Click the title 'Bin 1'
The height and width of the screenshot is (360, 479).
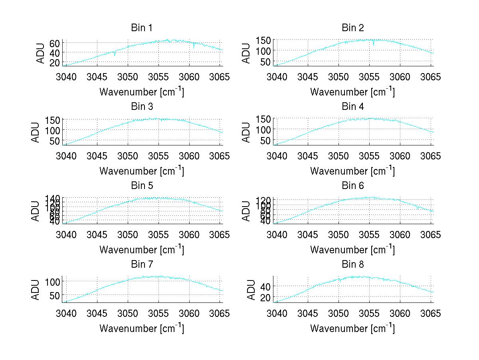tap(141, 28)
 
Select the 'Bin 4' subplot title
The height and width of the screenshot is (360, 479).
tap(352, 107)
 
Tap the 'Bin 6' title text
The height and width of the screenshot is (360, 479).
tap(352, 186)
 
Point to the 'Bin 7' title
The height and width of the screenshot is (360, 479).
tap(141, 265)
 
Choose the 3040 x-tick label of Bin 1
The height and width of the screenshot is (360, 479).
tap(66, 76)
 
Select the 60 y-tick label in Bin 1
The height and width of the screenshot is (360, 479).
tap(55, 43)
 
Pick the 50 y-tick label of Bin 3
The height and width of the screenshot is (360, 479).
tap(55, 141)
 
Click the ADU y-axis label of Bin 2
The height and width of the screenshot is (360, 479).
tap(247, 53)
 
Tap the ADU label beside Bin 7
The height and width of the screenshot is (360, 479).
tap(36, 290)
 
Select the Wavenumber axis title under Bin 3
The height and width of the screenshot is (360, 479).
tap(141, 171)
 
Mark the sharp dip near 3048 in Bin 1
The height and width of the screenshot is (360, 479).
tap(115, 54)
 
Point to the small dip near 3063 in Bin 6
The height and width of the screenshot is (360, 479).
tap(417, 208)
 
